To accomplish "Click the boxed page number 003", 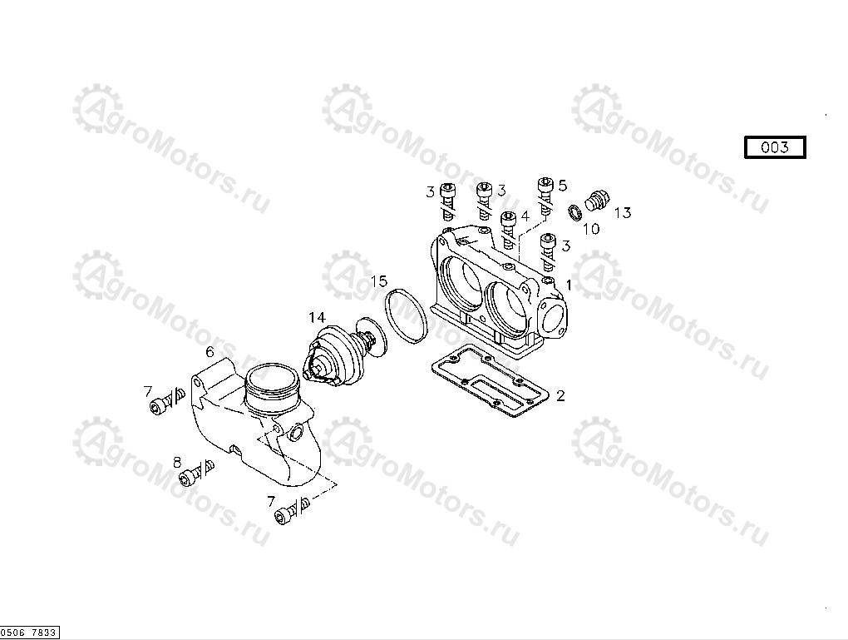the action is tap(775, 147).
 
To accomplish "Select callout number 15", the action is tap(379, 281).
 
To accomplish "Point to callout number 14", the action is tap(318, 317).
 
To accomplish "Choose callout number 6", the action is tap(210, 352).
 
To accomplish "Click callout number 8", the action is tap(177, 463).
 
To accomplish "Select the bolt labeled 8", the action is tap(195, 472).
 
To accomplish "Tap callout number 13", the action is tap(623, 213).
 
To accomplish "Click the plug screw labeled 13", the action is tap(597, 200).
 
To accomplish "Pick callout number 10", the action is tap(591, 229).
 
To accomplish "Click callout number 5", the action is tap(563, 186).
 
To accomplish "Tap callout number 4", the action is tap(525, 216).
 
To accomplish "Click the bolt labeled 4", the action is tap(508, 231).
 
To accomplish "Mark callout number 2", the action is tap(560, 396).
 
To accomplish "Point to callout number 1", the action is tap(569, 285).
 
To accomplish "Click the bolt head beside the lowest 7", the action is tap(283, 517).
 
